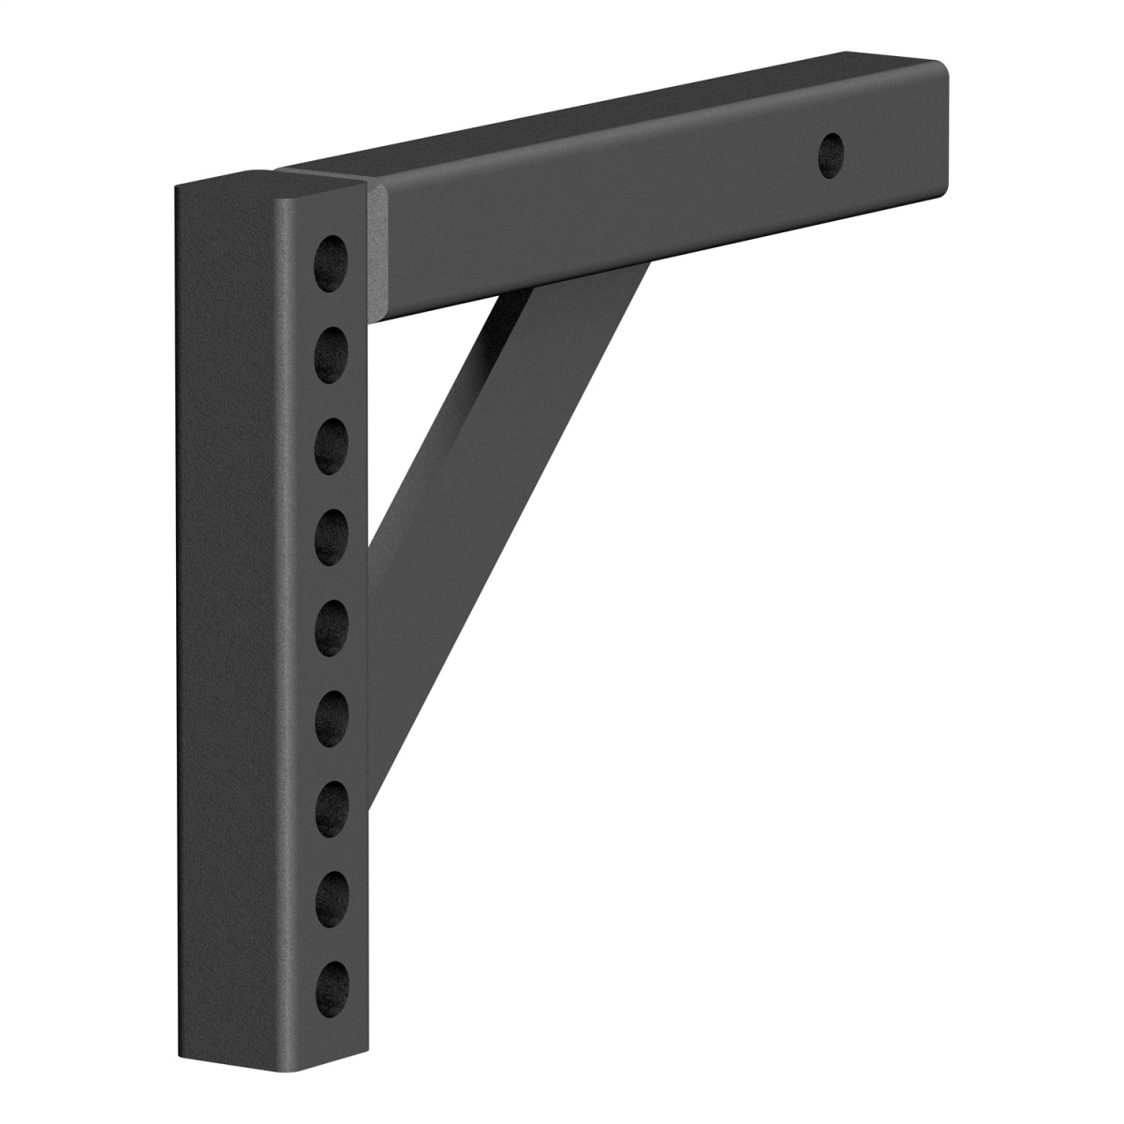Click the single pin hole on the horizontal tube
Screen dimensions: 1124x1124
(830, 152)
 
